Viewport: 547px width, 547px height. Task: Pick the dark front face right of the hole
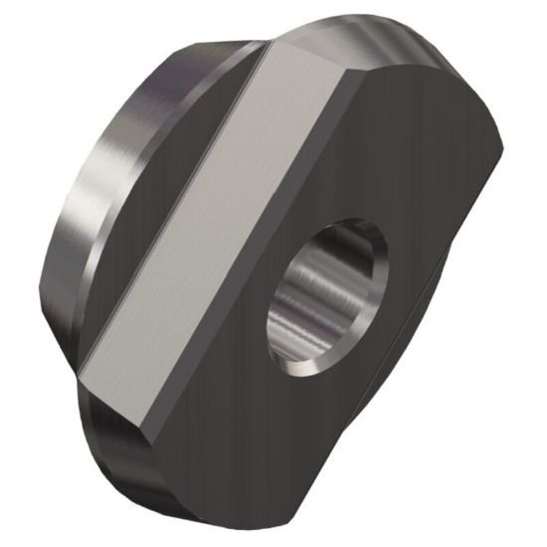click(x=428, y=288)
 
